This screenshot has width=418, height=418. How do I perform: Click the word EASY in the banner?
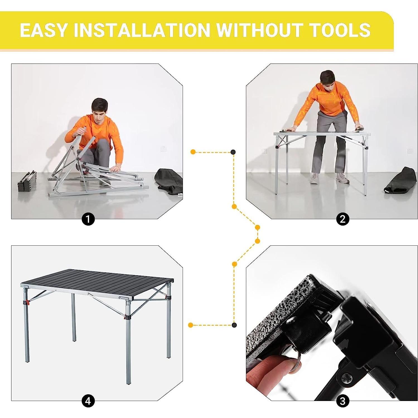click(44, 30)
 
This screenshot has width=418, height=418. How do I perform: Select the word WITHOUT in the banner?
click(260, 30)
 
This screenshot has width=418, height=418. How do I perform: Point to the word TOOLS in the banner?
click(340, 30)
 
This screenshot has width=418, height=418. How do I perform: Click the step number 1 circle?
click(88, 219)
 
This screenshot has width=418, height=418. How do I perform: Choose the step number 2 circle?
click(343, 219)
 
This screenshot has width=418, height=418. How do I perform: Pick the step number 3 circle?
click(343, 401)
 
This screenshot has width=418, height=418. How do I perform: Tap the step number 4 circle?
click(88, 401)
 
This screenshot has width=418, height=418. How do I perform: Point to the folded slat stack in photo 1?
click(27, 182)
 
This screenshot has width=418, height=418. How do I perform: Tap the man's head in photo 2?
click(328, 80)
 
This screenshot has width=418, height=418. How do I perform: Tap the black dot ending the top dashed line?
click(233, 152)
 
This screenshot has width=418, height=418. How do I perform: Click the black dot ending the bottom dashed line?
click(234, 325)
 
